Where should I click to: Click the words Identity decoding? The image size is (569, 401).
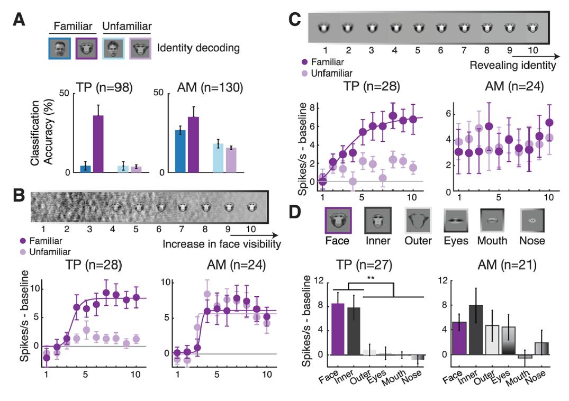(198, 48)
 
